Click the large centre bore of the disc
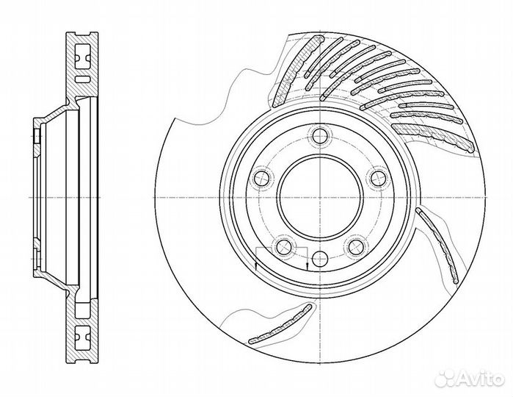click(320, 198)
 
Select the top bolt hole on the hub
click(320, 136)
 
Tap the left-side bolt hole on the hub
click(262, 178)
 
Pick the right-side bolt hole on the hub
click(378, 178)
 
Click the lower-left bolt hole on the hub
click(284, 246)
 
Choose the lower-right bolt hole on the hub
click(356, 246)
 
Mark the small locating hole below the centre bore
click(320, 259)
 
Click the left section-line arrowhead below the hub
click(256, 265)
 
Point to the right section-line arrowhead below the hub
click(308, 265)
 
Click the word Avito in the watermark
click(480, 379)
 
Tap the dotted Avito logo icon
click(445, 379)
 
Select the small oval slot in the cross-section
click(81, 79)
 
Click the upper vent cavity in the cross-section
click(81, 57)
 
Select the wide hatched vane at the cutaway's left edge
click(296, 71)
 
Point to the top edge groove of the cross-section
click(82, 34)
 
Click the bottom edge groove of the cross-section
click(82, 361)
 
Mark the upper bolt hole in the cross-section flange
click(36, 136)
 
